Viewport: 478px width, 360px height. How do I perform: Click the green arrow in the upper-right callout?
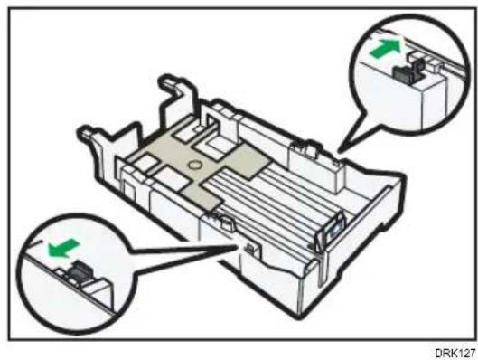coord(386,48)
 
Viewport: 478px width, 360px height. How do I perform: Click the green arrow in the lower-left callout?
coord(63,248)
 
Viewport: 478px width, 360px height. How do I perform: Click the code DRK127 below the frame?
coord(455,353)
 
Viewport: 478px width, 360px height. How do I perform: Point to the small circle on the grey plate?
coord(194,165)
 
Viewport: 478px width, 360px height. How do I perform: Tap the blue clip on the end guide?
coord(334,231)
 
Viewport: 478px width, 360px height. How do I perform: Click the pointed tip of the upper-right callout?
coord(339,151)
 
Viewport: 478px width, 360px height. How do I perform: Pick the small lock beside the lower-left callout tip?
coord(249,249)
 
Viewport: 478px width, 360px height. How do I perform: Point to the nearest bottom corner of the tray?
coord(297,317)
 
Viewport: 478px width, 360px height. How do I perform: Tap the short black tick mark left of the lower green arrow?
coord(35,242)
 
